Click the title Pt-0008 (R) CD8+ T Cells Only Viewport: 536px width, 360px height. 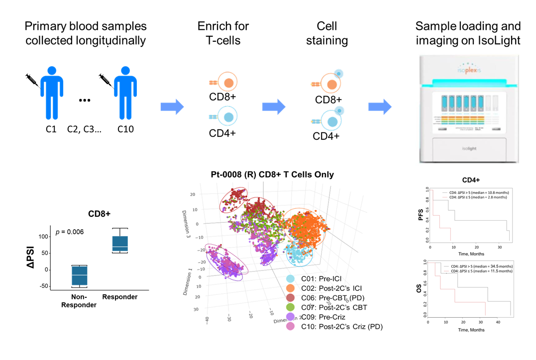click(x=271, y=175)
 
